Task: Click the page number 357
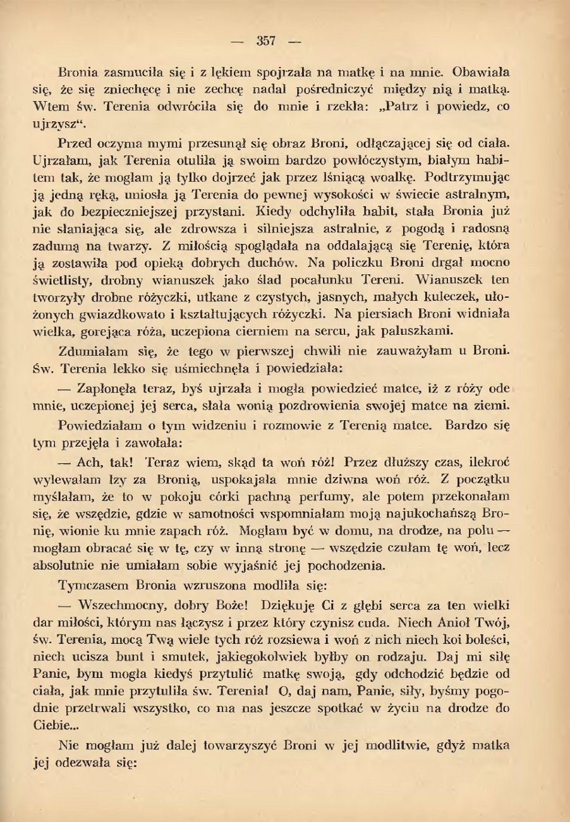266,42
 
